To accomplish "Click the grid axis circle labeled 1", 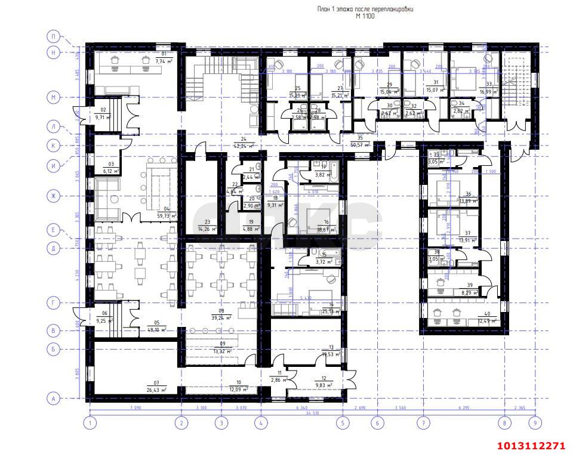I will pyautogui.click(x=90, y=423).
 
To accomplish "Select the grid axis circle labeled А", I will pyautogui.click(x=54, y=398).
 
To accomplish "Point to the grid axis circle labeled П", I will pyautogui.click(x=54, y=36).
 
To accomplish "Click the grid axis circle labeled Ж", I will pyautogui.click(x=54, y=196).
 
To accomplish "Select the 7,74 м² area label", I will pyautogui.click(x=164, y=61).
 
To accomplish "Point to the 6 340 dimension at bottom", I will pyautogui.click(x=302, y=407).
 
